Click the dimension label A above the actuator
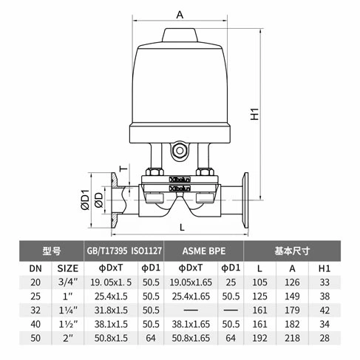pos(180,13)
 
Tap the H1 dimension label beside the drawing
pos(254,115)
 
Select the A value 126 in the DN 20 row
pos(294,282)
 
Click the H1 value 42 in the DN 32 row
pos(323,310)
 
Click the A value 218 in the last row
pos(294,338)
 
